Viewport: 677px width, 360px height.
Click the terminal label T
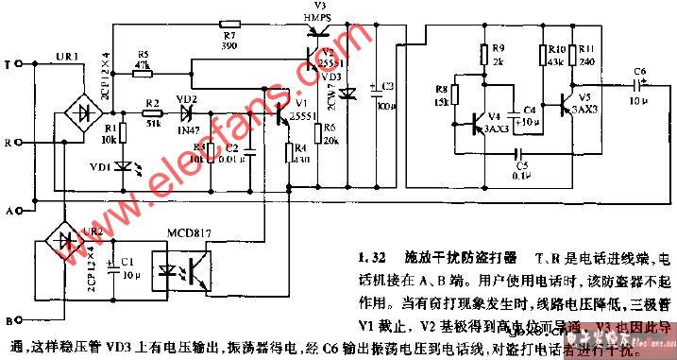(8, 67)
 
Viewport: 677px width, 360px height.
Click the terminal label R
(8, 143)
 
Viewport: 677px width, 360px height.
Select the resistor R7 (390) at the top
(228, 23)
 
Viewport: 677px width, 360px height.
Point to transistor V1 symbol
(283, 114)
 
